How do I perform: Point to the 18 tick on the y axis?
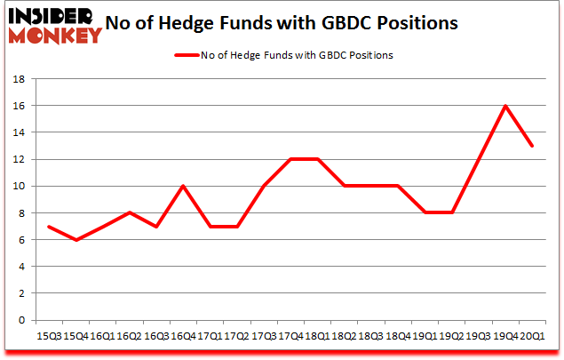17,79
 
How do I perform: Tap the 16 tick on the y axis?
17,106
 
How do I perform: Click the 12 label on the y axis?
17,159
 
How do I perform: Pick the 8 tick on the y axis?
20,212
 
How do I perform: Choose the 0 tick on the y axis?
20,320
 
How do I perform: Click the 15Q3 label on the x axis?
48,336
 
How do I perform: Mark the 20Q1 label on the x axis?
531,336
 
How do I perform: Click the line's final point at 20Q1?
531,146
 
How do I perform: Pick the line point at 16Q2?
131,212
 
